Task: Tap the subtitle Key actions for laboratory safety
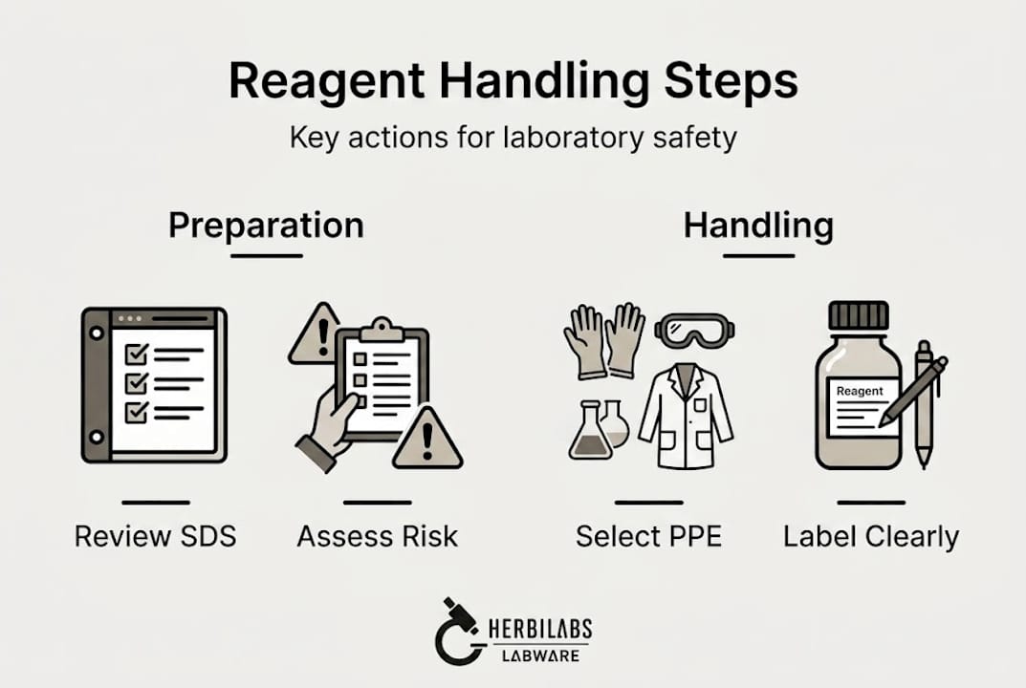[513, 137]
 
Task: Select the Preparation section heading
[266, 226]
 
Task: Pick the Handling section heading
[757, 226]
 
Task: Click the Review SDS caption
[155, 536]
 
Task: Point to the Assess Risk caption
[377, 536]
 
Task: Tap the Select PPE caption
[648, 536]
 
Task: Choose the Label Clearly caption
[870, 536]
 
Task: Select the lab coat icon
[685, 411]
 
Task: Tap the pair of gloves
[604, 339]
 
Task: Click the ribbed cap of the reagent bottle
[858, 316]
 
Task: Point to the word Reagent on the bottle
[859, 391]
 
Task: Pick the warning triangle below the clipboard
[426, 441]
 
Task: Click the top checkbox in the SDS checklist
[137, 355]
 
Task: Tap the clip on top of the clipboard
[382, 329]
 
